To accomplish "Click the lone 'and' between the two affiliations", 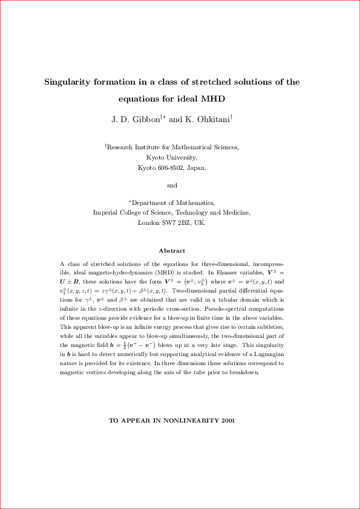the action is [x=172, y=186].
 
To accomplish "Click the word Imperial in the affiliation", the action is [x=106, y=213].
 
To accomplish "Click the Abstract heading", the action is [x=172, y=250].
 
